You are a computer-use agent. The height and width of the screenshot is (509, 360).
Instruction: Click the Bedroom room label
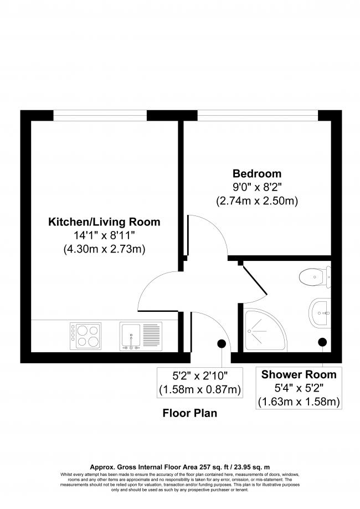[257, 173]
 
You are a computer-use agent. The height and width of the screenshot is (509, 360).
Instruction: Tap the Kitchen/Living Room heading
[105, 222]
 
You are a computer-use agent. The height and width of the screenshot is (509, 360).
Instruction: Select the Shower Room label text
[299, 374]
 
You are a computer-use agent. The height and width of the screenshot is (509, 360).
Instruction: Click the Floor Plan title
[189, 413]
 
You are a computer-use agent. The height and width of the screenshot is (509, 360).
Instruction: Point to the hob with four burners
[85, 336]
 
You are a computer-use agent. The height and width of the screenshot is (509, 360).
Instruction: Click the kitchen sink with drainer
[141, 336]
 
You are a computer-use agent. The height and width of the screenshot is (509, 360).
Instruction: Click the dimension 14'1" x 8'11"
[105, 235]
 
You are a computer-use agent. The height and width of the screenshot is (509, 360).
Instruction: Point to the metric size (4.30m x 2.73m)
[105, 249]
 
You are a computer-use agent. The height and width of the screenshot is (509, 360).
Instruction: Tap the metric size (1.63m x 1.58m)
[299, 401]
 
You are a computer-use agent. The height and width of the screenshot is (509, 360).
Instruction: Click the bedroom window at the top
[258, 115]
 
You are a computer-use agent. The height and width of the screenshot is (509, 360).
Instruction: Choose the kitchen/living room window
[100, 115]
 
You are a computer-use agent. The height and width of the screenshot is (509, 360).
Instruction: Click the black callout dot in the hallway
[222, 343]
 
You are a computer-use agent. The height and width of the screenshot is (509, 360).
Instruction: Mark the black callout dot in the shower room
[322, 342]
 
